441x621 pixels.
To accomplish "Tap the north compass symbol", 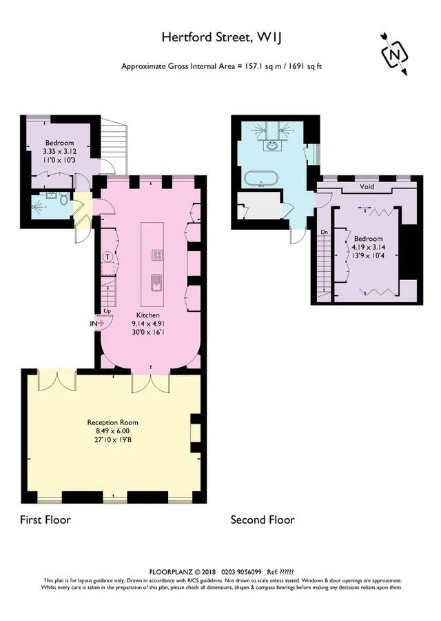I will pyautogui.click(x=394, y=54).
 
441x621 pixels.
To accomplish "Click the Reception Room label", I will pyautogui.click(x=112, y=422).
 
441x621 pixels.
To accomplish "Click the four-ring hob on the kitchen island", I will pyautogui.click(x=158, y=255).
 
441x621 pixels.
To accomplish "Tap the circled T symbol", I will pyautogui.click(x=107, y=257).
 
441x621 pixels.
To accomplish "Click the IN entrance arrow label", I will pyautogui.click(x=94, y=322).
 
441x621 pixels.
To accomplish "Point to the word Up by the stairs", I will pyautogui.click(x=107, y=311).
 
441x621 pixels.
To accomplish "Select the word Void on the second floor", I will pyautogui.click(x=368, y=187).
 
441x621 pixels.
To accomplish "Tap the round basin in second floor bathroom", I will pyautogui.click(x=274, y=146).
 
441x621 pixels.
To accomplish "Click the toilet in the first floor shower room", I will pyautogui.click(x=63, y=201).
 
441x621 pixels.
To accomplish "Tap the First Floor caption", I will pyautogui.click(x=45, y=520).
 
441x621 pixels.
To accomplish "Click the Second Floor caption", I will pyautogui.click(x=263, y=520).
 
